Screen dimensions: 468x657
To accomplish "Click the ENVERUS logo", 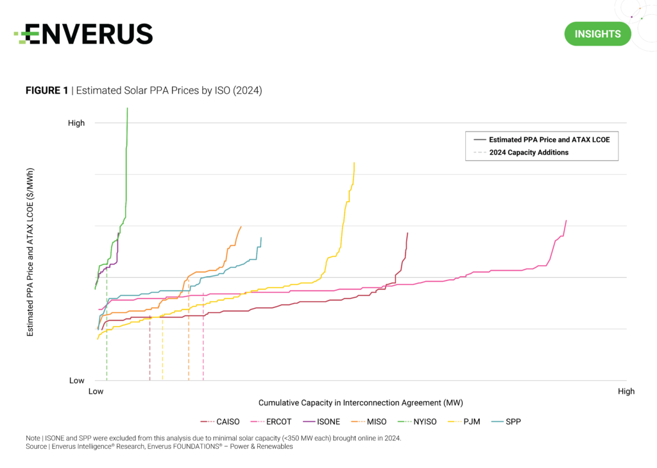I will (83, 33).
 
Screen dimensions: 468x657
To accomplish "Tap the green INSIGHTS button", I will (597, 34).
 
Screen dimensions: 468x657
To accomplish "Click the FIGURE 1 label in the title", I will (47, 91).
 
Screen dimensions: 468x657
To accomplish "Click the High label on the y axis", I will (76, 123).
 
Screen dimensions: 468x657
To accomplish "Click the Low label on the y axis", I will (77, 381).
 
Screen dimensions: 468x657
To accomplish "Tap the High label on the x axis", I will (626, 391).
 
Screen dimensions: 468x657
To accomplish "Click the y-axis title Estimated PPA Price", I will (30, 252).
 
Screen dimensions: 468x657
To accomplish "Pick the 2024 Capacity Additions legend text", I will (529, 153).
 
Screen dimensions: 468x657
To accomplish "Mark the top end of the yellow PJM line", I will (354, 163).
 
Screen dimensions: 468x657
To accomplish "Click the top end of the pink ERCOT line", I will (566, 221).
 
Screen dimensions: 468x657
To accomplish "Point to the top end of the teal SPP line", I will (261, 238).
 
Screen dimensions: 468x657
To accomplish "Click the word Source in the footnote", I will (36, 446).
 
